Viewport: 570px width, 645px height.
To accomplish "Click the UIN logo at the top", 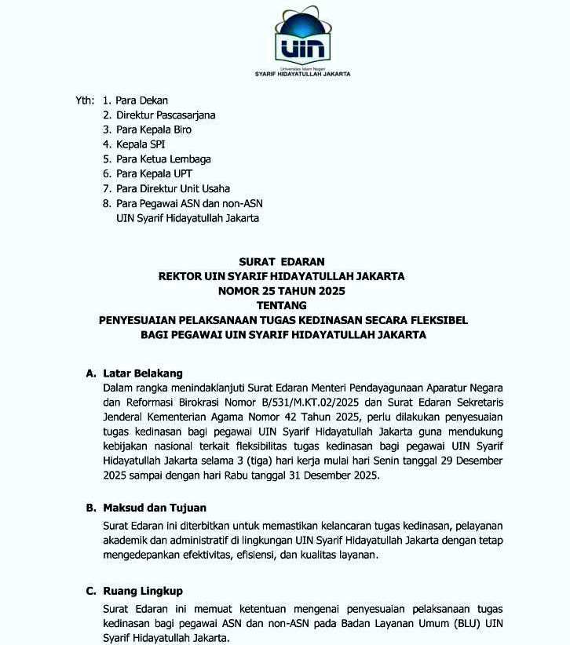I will point(302,35).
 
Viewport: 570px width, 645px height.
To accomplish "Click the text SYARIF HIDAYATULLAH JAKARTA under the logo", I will point(303,75).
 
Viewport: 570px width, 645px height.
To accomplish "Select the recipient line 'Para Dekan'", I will point(141,100).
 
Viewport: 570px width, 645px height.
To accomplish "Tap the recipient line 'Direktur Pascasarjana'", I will point(166,115).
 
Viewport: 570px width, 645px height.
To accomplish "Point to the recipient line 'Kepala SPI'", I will point(141,144).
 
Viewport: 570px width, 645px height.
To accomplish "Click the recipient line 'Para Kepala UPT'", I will point(154,173).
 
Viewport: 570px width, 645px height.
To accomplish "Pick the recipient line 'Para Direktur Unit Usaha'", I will point(173,188).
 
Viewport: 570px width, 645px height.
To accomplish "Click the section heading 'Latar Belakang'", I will point(143,373).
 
